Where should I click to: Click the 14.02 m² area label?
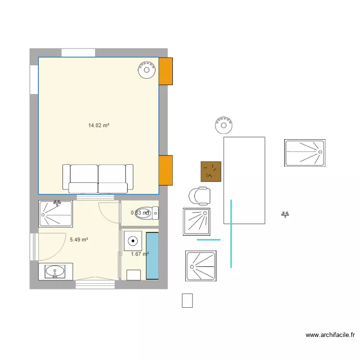click(x=98, y=126)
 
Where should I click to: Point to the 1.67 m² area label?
click(x=140, y=254)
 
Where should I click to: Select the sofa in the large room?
click(x=98, y=178)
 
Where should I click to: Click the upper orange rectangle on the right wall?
click(x=166, y=71)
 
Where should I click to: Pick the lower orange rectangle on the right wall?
click(x=166, y=170)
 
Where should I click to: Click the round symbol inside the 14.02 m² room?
click(x=146, y=70)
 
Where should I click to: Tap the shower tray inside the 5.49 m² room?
click(x=56, y=214)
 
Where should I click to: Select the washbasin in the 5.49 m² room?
click(x=55, y=271)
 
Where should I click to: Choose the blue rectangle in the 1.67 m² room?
click(x=152, y=256)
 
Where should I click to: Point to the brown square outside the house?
click(x=211, y=171)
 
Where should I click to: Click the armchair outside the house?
click(x=200, y=196)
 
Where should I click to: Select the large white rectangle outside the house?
click(x=244, y=180)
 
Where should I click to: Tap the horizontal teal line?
click(x=208, y=239)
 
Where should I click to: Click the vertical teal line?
click(x=231, y=234)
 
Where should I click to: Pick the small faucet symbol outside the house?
click(x=285, y=215)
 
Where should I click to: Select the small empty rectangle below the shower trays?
click(x=187, y=300)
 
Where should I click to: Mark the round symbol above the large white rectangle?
click(x=224, y=125)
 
